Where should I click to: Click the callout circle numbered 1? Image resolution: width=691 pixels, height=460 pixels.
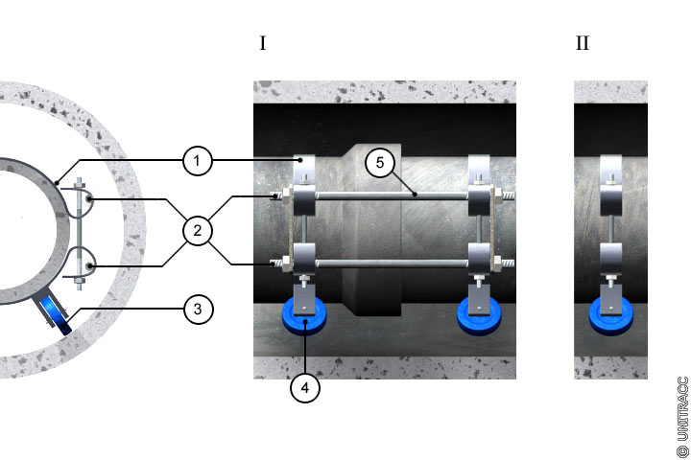(x=197, y=161)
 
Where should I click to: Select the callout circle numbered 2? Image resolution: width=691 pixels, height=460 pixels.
(x=197, y=231)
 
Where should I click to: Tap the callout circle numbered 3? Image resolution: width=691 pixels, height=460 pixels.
(x=197, y=310)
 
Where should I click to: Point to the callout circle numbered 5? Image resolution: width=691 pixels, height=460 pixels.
(x=379, y=162)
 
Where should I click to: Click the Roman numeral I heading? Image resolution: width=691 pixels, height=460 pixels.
(x=262, y=44)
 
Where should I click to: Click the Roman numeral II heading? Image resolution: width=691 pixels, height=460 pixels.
(x=583, y=44)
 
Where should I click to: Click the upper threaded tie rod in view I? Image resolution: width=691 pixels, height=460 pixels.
(x=393, y=196)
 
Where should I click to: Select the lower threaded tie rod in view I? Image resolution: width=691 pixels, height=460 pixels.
(x=393, y=262)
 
